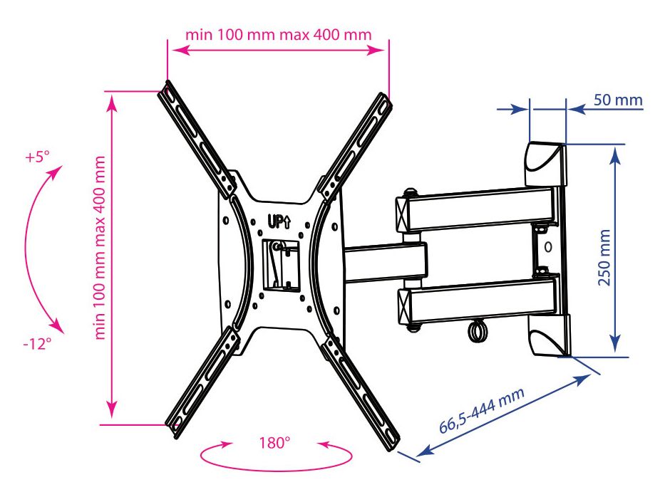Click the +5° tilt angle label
pyautogui.click(x=37, y=157)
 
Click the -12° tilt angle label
pyautogui.click(x=37, y=343)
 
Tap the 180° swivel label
pyautogui.click(x=275, y=443)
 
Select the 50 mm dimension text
pyautogui.click(x=618, y=100)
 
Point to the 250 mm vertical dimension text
pyautogui.click(x=604, y=258)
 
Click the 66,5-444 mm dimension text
pyautogui.click(x=481, y=410)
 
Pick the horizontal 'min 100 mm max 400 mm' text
pyautogui.click(x=279, y=34)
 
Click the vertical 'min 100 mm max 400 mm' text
pyautogui.click(x=100, y=248)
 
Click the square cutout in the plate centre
pyautogui.click(x=280, y=266)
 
